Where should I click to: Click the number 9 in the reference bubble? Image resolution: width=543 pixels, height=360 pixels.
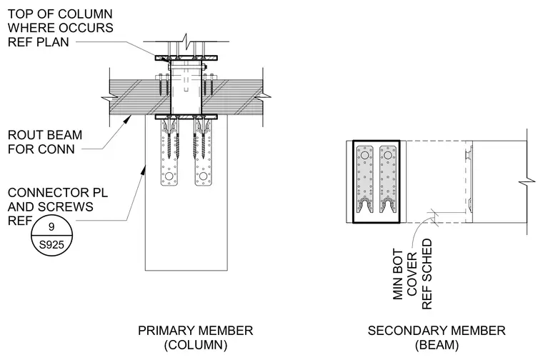click(51, 226)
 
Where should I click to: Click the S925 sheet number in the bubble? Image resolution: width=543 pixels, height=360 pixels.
click(51, 245)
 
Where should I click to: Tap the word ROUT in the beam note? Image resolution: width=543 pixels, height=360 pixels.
click(22, 135)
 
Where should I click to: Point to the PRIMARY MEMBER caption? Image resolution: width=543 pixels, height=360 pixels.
click(195, 331)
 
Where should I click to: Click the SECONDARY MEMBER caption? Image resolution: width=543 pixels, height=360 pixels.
click(437, 331)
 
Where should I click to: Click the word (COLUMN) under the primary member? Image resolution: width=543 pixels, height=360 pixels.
click(195, 345)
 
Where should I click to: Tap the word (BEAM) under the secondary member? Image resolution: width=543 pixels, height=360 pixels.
click(437, 345)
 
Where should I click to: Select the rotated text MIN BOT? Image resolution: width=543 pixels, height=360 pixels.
click(398, 274)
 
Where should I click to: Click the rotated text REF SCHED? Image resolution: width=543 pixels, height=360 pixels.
click(427, 274)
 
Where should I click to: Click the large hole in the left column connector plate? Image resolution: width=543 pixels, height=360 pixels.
click(169, 176)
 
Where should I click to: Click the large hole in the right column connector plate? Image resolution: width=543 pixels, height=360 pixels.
click(203, 176)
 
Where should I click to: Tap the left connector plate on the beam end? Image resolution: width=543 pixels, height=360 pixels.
click(365, 179)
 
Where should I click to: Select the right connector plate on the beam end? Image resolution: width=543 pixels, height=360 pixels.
click(388, 179)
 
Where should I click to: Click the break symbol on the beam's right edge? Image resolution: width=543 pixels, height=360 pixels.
click(527, 181)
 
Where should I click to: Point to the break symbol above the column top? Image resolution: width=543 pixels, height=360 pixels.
click(186, 41)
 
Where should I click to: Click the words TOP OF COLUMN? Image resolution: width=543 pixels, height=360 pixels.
click(60, 14)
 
